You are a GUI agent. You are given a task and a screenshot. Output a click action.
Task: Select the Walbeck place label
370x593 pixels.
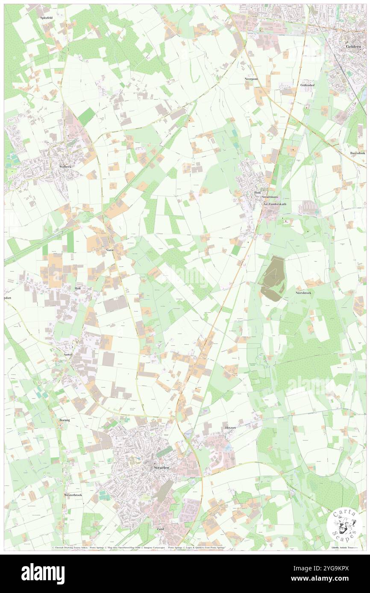click(67, 166)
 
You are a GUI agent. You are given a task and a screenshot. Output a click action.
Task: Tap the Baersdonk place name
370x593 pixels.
click(358, 152)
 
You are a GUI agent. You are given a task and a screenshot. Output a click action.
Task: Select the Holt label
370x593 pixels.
click(77, 288)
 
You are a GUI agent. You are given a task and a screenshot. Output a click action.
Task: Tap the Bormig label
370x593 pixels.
click(64, 420)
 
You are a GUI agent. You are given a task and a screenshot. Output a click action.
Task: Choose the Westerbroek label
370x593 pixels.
click(73, 495)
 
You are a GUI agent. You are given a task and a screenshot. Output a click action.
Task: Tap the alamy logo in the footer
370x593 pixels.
click(43, 573)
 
